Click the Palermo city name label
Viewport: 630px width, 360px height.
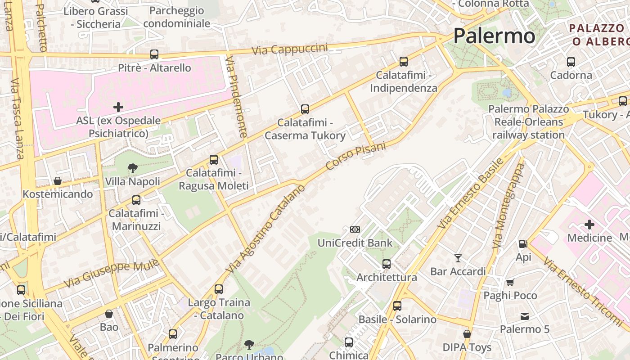[x=494, y=36]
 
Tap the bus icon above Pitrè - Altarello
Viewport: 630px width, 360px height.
[x=154, y=54]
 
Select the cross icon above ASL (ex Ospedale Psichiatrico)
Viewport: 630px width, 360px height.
[x=118, y=107]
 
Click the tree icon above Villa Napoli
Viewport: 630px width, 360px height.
[x=133, y=168]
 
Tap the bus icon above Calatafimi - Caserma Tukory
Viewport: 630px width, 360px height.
[x=305, y=109]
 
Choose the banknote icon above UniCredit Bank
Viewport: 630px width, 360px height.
[x=355, y=229]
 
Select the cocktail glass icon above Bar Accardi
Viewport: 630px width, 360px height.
[x=458, y=258]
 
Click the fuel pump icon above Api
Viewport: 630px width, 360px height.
[x=523, y=244]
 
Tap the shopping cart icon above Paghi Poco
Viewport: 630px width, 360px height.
[x=510, y=282]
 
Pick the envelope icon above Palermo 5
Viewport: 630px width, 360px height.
[x=525, y=316]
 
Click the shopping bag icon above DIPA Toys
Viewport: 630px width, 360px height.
[x=467, y=334]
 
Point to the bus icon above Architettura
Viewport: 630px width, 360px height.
[x=387, y=264]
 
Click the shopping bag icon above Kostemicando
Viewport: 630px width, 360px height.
[x=58, y=181]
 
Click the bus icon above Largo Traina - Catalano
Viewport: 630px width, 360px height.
[x=219, y=289]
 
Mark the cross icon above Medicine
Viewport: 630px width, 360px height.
[x=589, y=224]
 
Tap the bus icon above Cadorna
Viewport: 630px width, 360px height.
[x=571, y=62]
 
